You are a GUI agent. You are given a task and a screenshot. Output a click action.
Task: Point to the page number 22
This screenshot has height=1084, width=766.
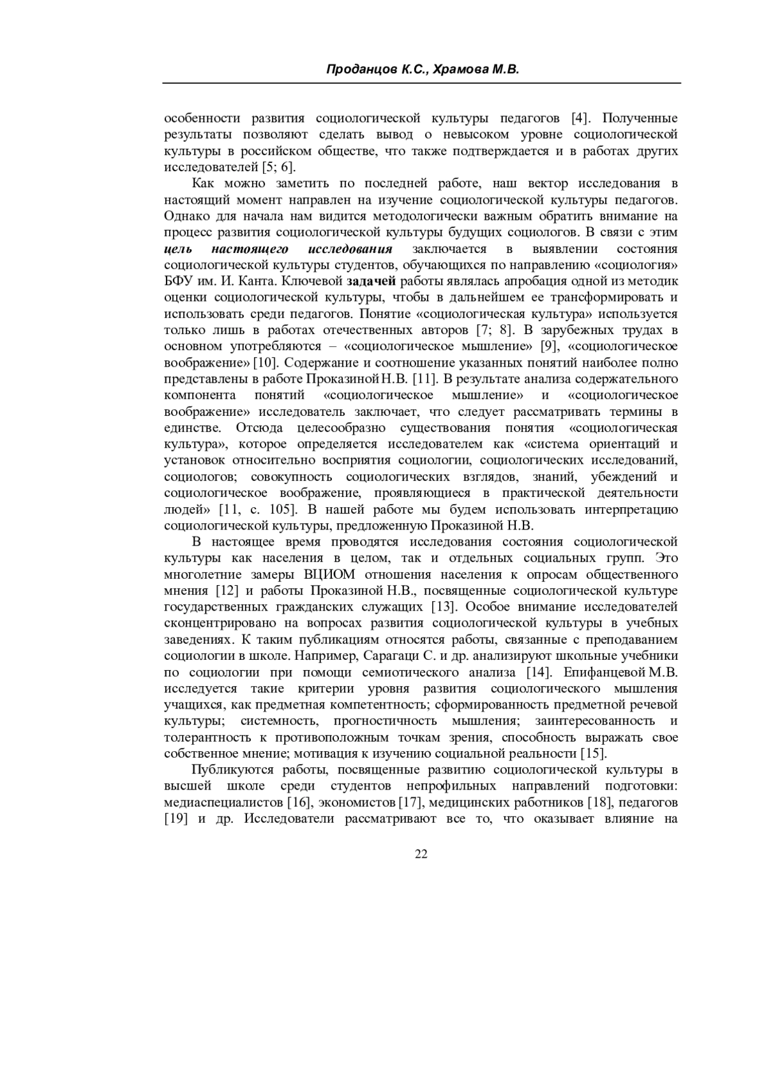[x=421, y=854]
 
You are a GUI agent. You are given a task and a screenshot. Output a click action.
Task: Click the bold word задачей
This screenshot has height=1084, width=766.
[x=372, y=282]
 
